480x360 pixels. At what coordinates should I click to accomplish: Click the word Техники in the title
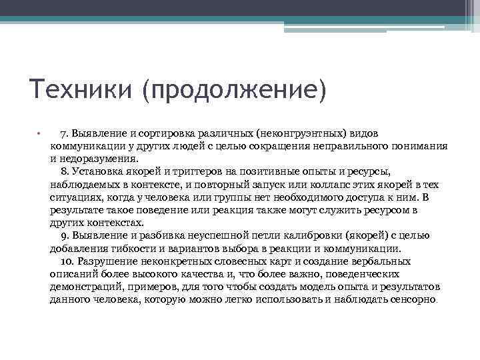pyautogui.click(x=79, y=88)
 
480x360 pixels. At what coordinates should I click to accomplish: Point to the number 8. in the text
pyautogui.click(x=65, y=172)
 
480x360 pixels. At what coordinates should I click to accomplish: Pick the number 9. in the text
pyautogui.click(x=65, y=235)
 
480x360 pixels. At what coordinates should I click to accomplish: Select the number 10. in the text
pyautogui.click(x=68, y=261)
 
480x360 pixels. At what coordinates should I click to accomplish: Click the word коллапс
pyautogui.click(x=328, y=185)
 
